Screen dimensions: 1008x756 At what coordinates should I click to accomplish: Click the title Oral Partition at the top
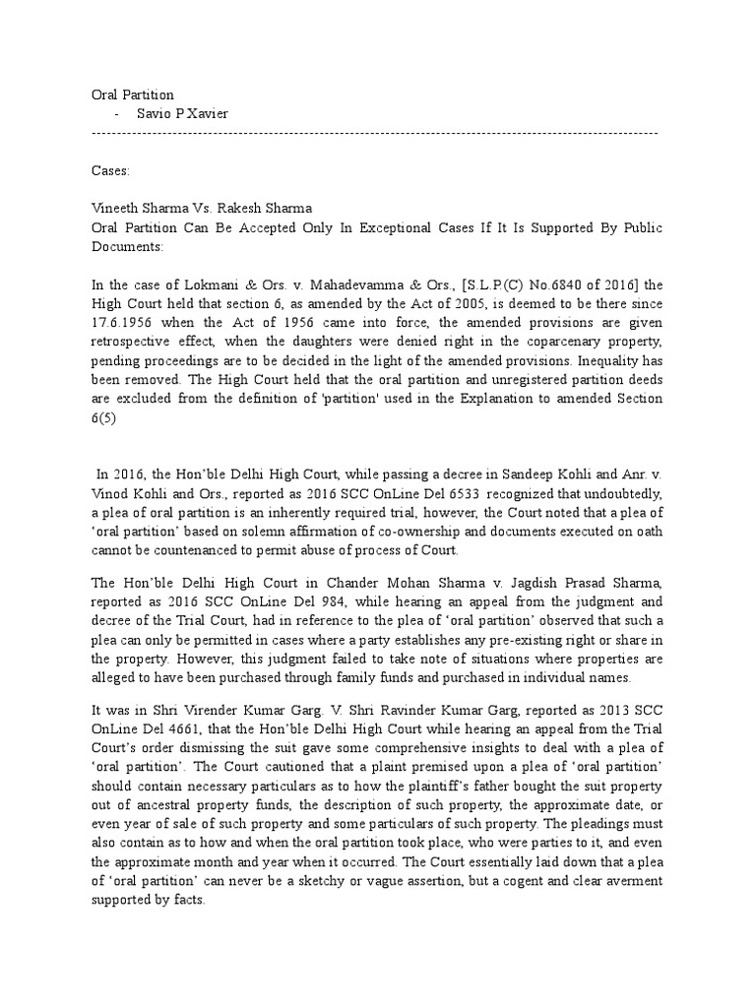point(132,94)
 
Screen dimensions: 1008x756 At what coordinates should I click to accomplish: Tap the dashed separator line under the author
point(374,132)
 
